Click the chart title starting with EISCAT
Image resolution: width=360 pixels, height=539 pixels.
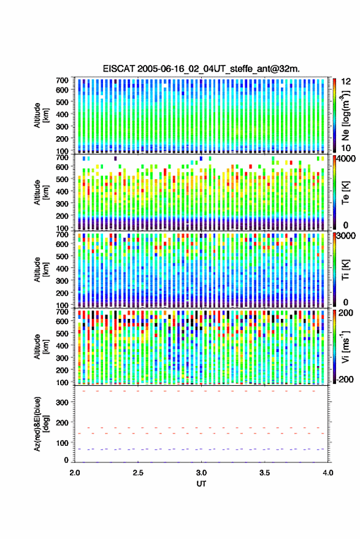pyautogui.click(x=201, y=69)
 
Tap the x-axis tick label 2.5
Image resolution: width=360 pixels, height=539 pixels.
pyautogui.click(x=138, y=473)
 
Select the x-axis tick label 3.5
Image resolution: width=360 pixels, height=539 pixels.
pyautogui.click(x=264, y=473)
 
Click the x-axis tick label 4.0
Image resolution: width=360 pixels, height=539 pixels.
pyautogui.click(x=328, y=473)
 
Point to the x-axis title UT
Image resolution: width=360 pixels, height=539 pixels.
pyautogui.click(x=201, y=484)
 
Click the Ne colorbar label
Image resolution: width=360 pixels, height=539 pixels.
pyautogui.click(x=345, y=116)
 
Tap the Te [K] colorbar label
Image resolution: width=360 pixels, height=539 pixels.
pyautogui.click(x=345, y=193)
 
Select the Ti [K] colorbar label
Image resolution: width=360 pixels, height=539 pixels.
pyautogui.click(x=345, y=270)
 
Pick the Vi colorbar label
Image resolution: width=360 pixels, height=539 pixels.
pyautogui.click(x=345, y=346)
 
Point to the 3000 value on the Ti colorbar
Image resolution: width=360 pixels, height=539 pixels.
pyautogui.click(x=346, y=236)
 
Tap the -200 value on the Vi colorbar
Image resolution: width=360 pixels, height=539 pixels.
pyautogui.click(x=344, y=379)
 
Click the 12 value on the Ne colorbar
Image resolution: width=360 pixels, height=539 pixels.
pyautogui.click(x=347, y=82)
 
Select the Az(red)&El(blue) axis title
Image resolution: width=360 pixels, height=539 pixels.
pyautogui.click(x=40, y=424)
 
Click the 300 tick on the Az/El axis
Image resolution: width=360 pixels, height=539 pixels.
pyautogui.click(x=62, y=402)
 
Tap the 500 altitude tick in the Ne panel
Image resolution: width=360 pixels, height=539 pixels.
pyautogui.click(x=62, y=102)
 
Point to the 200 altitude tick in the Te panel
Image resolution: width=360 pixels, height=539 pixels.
pyautogui.click(x=62, y=216)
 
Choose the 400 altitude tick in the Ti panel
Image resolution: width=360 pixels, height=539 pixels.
pyautogui.click(x=62, y=269)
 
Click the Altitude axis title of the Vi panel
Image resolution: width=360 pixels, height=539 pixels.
pyautogui.click(x=40, y=346)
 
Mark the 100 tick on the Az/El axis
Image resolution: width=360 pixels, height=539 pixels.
pyautogui.click(x=62, y=443)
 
